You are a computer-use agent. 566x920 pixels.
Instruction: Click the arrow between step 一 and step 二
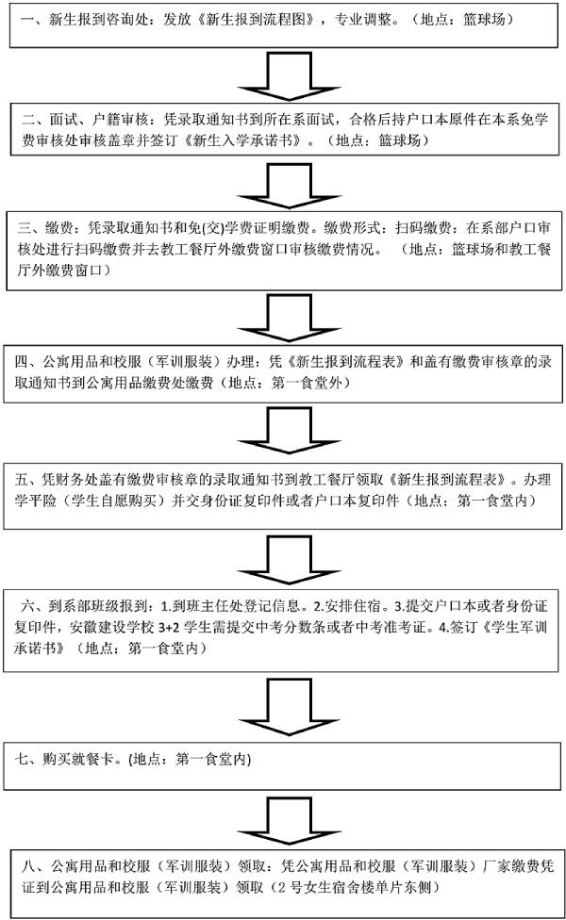(x=289, y=76)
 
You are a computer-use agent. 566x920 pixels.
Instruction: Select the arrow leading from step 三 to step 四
(x=289, y=318)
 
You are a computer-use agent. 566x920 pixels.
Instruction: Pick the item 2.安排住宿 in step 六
(x=347, y=606)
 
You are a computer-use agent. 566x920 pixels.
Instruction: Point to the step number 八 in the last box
(x=29, y=866)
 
